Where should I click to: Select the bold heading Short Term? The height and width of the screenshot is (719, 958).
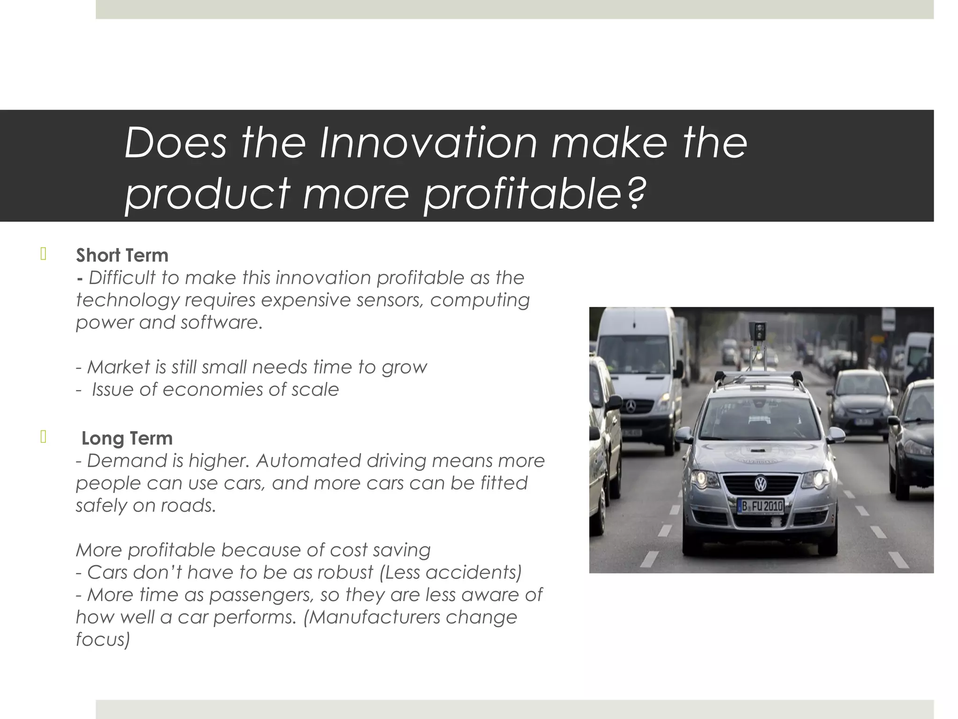click(x=122, y=256)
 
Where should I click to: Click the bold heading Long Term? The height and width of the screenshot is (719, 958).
click(x=127, y=439)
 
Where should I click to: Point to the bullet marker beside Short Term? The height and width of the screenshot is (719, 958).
click(x=44, y=254)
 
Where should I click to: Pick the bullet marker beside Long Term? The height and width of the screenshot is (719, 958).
click(x=44, y=437)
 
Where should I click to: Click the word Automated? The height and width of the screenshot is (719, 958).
click(x=308, y=461)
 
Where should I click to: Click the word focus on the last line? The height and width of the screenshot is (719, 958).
click(x=102, y=639)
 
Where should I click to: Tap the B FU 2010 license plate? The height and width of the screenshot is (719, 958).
click(x=760, y=506)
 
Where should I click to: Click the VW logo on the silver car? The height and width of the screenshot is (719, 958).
click(x=761, y=484)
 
